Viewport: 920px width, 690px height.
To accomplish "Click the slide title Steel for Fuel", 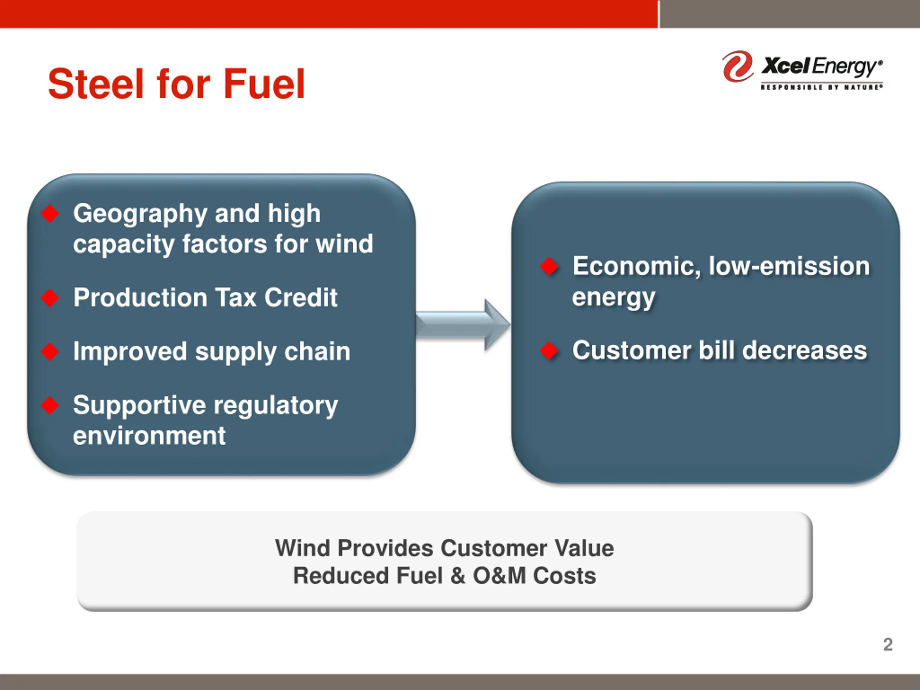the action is pyautogui.click(x=176, y=84).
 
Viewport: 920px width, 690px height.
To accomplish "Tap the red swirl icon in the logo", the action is pyautogui.click(x=737, y=66).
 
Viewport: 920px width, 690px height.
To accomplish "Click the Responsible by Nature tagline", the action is pyautogui.click(x=822, y=87).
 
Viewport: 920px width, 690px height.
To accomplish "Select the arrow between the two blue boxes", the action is pyautogui.click(x=463, y=325).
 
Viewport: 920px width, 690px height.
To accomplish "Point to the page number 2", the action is pyautogui.click(x=888, y=645).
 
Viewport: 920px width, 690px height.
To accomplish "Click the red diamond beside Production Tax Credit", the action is pyautogui.click(x=50, y=298).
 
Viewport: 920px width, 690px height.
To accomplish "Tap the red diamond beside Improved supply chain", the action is pyautogui.click(x=50, y=352).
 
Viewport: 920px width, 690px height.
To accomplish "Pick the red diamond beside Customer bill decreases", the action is pyautogui.click(x=549, y=351).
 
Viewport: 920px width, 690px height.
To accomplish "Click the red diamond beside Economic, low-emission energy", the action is pyautogui.click(x=549, y=266).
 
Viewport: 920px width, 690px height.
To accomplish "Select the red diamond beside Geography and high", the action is pyautogui.click(x=50, y=214).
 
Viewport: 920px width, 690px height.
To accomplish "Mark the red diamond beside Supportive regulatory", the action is pyautogui.click(x=50, y=405).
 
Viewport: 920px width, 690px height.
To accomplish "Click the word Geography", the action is pyautogui.click(x=140, y=215).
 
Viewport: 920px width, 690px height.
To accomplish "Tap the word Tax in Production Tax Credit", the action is pyautogui.click(x=236, y=298).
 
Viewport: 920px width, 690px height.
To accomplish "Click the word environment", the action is pyautogui.click(x=149, y=436).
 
